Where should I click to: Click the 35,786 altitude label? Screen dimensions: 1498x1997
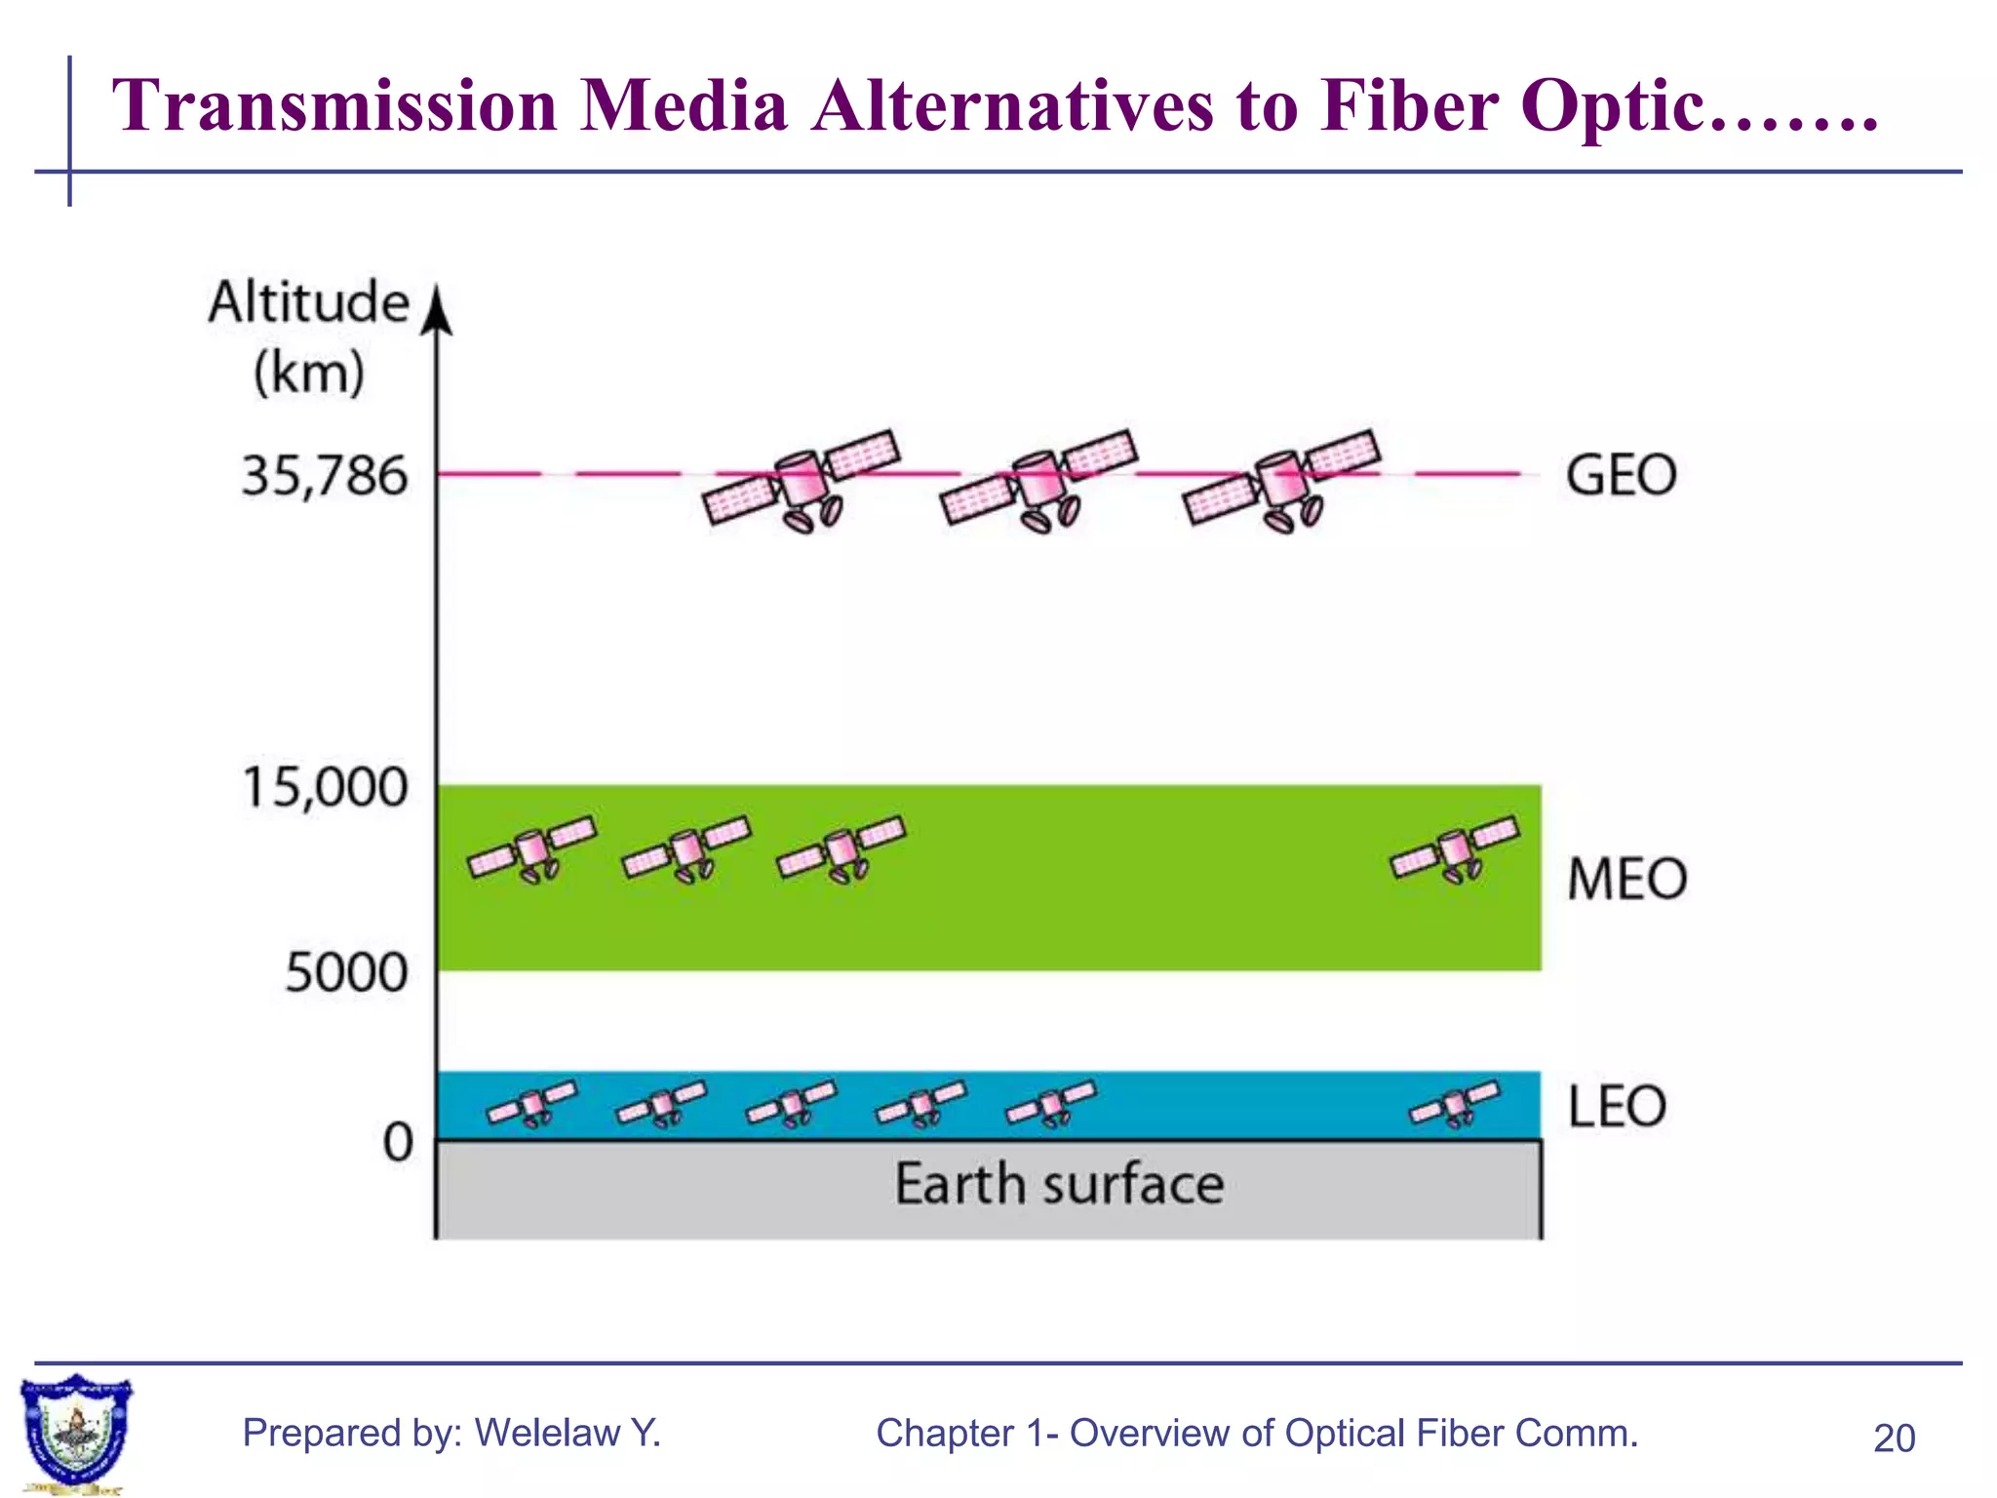[x=324, y=477]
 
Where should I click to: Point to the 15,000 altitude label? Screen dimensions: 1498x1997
[x=324, y=787]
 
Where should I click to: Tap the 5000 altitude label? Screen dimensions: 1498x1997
[x=345, y=972]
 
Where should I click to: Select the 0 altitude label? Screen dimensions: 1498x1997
[x=398, y=1142]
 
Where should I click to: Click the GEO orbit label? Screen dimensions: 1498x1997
[x=1621, y=476]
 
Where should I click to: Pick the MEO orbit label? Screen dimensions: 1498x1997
[x=1626, y=879]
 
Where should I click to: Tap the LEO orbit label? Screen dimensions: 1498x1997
[x=1617, y=1107]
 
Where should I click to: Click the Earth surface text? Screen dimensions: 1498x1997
[x=1059, y=1185]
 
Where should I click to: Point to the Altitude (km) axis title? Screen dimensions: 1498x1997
[x=308, y=336]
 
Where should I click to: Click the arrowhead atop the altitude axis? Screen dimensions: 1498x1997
[x=438, y=310]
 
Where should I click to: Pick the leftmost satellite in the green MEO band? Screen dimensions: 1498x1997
[x=532, y=848]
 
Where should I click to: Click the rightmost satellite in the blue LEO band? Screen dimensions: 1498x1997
[x=1455, y=1104]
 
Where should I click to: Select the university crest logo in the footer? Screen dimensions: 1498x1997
[x=75, y=1432]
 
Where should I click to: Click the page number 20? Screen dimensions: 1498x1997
[x=1894, y=1439]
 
